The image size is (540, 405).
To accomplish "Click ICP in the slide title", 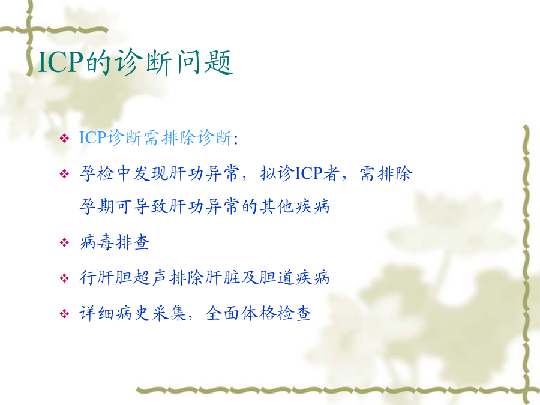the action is coord(61,62).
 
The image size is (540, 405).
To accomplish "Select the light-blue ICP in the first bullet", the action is coord(92,138).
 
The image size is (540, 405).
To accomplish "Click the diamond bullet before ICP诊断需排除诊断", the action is coord(64,139).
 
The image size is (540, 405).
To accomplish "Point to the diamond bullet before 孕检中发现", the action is coord(64,173).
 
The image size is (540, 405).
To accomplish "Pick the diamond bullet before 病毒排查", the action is coord(64,243).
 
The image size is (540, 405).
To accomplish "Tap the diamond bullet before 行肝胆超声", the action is coord(64,278).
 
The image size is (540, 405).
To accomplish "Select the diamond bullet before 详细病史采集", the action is coord(64,314).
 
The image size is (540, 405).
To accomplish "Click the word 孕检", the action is coord(97,173).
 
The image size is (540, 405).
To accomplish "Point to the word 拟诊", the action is coord(277,173).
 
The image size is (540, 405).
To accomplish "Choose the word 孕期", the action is coord(97,206).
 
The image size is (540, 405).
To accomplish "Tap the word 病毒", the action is coord(97,242).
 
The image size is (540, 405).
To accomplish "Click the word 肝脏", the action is coord(223,277).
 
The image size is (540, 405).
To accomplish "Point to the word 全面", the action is coord(223,313).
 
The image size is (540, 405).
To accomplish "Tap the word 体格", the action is coord(258,313).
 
